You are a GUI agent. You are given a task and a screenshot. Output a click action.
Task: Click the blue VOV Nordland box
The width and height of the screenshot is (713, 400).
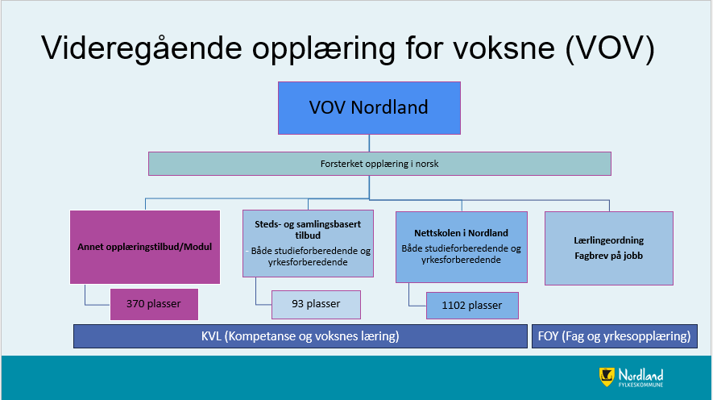coord(369,108)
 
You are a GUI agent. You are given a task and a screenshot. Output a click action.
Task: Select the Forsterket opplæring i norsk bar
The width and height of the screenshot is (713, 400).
coord(379,164)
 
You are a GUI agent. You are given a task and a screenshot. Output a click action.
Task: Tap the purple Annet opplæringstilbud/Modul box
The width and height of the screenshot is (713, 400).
coord(145,247)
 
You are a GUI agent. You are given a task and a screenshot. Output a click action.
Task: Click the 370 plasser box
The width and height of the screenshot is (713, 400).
coord(154,304)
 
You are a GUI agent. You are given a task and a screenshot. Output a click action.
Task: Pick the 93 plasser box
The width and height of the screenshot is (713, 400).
coord(316,305)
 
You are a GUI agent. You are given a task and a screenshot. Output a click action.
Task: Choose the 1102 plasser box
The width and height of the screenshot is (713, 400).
coord(472,306)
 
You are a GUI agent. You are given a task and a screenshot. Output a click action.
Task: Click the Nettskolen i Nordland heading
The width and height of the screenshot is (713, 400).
coord(461,233)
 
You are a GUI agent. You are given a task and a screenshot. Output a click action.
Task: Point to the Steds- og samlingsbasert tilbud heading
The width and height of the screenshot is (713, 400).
coord(308,229)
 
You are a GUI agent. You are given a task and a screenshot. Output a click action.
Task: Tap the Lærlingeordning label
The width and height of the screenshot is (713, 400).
coord(609,240)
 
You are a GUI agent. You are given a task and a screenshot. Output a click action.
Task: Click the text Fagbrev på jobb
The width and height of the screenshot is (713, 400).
coord(609,256)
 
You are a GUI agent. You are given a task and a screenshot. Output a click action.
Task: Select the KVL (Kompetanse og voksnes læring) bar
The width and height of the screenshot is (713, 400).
coord(301,336)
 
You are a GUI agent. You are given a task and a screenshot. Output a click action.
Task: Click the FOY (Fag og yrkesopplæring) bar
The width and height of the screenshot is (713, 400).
coord(615,336)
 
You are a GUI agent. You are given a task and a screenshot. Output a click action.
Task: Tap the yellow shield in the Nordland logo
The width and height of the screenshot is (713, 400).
coord(607,377)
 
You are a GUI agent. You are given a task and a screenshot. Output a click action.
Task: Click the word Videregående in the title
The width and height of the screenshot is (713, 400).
coord(142,48)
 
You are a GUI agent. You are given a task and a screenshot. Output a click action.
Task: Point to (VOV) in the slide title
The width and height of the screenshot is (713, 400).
coord(610,48)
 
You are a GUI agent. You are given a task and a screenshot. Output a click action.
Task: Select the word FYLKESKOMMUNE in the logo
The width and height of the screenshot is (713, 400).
coord(640,385)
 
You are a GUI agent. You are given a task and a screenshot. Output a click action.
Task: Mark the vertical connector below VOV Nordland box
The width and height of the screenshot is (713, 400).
coord(369,144)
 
